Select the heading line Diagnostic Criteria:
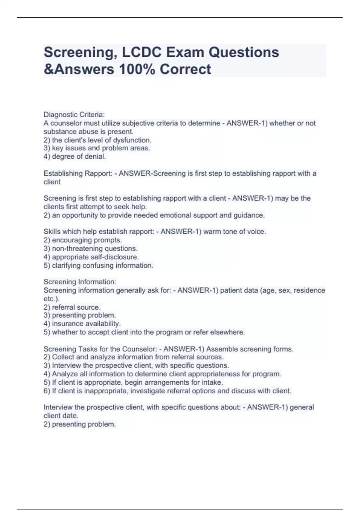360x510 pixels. pos(74,115)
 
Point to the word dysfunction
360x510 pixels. pos(132,140)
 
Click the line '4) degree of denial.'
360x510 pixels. pos(75,156)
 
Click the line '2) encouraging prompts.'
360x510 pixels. pos(82,240)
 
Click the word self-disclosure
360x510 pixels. pos(119,257)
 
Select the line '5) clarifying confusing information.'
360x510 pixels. pos(98,265)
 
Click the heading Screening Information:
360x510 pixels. pos(80,282)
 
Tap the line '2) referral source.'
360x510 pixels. pos(72,307)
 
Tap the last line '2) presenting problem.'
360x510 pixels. pos(79,424)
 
